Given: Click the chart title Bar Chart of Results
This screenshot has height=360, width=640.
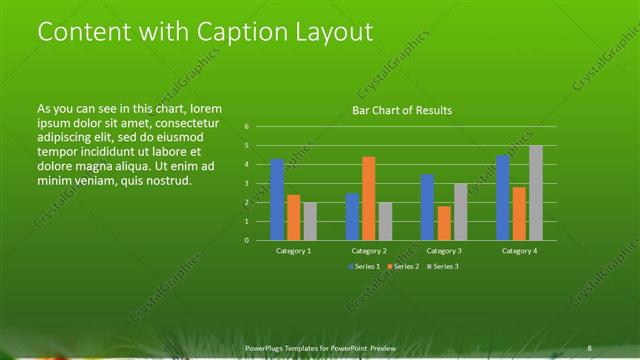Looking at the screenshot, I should coord(401,110).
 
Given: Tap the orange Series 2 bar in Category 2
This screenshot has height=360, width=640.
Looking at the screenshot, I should coord(368,198).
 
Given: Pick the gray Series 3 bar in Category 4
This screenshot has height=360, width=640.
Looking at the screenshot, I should coord(536,193).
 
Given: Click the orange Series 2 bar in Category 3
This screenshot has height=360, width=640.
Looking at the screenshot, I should coord(443,223).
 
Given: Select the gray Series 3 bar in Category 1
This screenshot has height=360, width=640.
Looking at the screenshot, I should coord(310,221).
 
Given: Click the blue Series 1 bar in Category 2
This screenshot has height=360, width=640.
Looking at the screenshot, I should coord(352,216).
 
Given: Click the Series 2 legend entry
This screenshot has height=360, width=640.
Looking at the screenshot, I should coord(401,267).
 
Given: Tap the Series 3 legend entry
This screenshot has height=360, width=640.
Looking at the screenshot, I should coord(441,267).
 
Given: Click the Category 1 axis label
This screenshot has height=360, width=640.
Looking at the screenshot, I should coord(294,251).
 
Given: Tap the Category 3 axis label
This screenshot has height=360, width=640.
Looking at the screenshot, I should coord(444,251).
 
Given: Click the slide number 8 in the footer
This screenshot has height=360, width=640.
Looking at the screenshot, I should coord(590,347).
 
